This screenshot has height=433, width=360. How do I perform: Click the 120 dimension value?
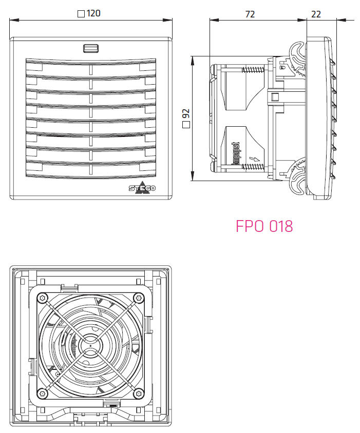93,14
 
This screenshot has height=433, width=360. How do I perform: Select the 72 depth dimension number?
250,14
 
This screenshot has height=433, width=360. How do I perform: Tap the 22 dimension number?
316,14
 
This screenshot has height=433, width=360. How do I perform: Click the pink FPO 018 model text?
264,226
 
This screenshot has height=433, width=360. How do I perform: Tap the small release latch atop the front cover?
91,49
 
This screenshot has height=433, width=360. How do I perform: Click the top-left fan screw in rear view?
43,298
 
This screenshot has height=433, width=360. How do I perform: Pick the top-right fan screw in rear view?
138,298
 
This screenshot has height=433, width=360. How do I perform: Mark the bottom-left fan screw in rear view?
43,393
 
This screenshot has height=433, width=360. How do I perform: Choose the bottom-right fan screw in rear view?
138,393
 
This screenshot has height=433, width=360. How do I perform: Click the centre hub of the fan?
90,345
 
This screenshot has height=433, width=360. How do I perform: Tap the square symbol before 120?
81,14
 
